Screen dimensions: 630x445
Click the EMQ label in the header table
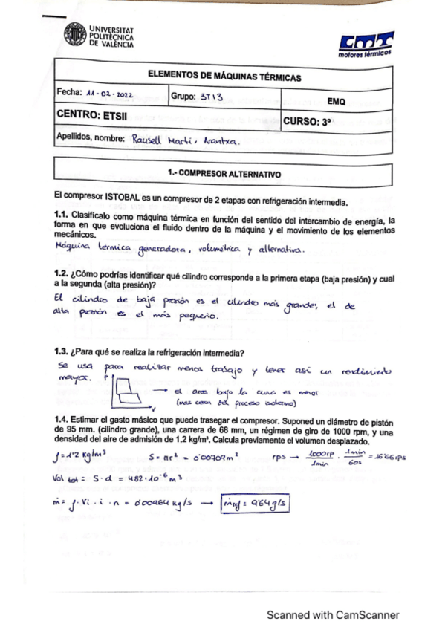(x=336, y=101)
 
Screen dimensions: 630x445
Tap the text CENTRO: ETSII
(x=88, y=116)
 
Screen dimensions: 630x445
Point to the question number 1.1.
(x=62, y=216)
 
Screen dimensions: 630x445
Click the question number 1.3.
(x=62, y=352)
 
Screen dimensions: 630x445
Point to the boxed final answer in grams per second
(x=256, y=503)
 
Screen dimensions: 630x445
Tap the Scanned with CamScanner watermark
(x=334, y=614)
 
